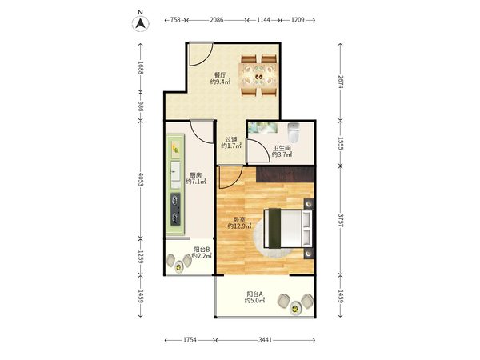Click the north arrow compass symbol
click(x=141, y=23)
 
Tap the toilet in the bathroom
click(x=294, y=133)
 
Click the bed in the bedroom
click(x=288, y=228)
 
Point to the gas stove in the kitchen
click(x=175, y=209)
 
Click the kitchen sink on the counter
click(x=175, y=171)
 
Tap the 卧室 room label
click(x=239, y=220)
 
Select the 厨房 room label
click(x=196, y=175)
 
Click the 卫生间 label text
click(x=282, y=149)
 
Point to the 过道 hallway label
click(x=231, y=139)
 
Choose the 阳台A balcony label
click(x=254, y=294)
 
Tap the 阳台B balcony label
click(x=202, y=250)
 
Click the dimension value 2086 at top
click(x=217, y=20)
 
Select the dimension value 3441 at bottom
click(x=265, y=340)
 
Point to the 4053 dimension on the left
click(x=141, y=180)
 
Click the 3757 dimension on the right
click(x=341, y=221)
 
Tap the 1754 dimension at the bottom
click(x=190, y=340)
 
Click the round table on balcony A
click(x=295, y=308)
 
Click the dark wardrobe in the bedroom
click(x=286, y=174)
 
